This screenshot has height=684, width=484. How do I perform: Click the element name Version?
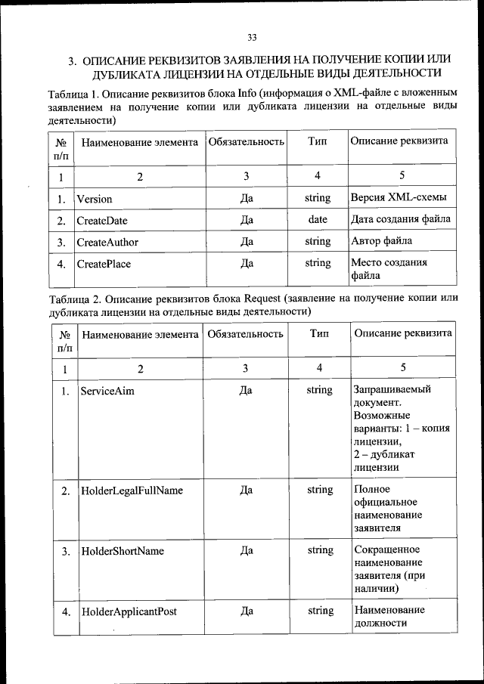[x=95, y=199]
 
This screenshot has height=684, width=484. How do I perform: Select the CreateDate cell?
[x=102, y=221]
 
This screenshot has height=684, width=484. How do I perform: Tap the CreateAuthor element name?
[x=107, y=242]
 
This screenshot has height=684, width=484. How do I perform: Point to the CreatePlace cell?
[x=104, y=264]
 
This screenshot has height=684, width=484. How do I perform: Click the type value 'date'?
[x=318, y=220]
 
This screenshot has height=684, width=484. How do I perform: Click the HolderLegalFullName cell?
[x=132, y=491]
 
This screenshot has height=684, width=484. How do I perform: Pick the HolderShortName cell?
[x=123, y=551]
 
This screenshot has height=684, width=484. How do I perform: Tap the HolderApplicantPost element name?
[x=129, y=611]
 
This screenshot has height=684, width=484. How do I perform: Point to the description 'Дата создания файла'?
[x=401, y=220]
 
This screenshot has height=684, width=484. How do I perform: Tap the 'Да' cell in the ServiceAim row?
[x=246, y=391]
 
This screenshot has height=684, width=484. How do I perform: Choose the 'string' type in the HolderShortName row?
[x=320, y=551]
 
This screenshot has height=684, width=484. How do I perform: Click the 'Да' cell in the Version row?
[x=246, y=199]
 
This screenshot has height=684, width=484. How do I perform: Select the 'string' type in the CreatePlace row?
[x=318, y=264]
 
